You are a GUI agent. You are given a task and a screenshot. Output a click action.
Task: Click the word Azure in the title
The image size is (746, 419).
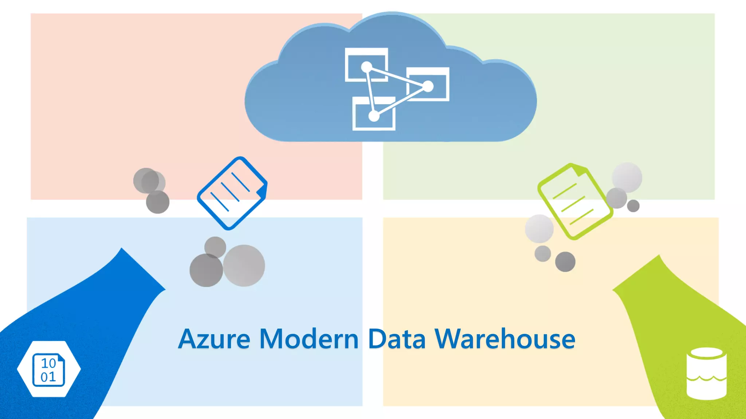coord(214,339)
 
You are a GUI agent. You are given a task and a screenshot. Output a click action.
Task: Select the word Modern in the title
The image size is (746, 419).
coord(309,339)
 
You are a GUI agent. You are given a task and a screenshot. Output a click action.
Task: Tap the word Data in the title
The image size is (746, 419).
coord(397,339)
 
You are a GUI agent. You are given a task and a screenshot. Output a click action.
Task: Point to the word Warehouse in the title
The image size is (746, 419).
coord(505,339)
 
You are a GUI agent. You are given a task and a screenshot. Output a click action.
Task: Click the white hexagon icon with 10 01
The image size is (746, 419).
coord(49,369)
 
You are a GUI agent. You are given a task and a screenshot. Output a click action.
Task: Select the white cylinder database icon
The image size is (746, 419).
coord(706,374)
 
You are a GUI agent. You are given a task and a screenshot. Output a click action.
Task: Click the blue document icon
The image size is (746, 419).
coord(232,193)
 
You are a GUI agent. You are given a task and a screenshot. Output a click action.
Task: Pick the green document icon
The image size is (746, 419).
coord(574,201)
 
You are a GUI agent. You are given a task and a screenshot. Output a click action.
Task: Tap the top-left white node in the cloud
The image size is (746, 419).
coord(366,67)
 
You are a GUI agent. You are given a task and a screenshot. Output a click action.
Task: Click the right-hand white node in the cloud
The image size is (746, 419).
coord(428,87)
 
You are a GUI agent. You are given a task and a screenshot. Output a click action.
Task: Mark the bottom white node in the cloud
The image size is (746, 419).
coord(374,116)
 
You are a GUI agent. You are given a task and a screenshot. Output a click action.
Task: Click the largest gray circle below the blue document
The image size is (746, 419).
coord(244,266)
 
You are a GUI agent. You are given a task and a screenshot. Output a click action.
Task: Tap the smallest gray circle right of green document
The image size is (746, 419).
coord(633,206)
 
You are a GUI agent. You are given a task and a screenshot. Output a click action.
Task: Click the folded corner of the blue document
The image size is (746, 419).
coord(262,191)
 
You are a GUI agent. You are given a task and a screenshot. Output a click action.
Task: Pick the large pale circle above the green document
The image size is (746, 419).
coord(627,177)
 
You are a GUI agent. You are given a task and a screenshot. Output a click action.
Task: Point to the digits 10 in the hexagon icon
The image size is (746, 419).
coord(48,363)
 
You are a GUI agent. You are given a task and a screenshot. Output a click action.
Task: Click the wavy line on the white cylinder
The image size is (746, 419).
coord(706,379)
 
